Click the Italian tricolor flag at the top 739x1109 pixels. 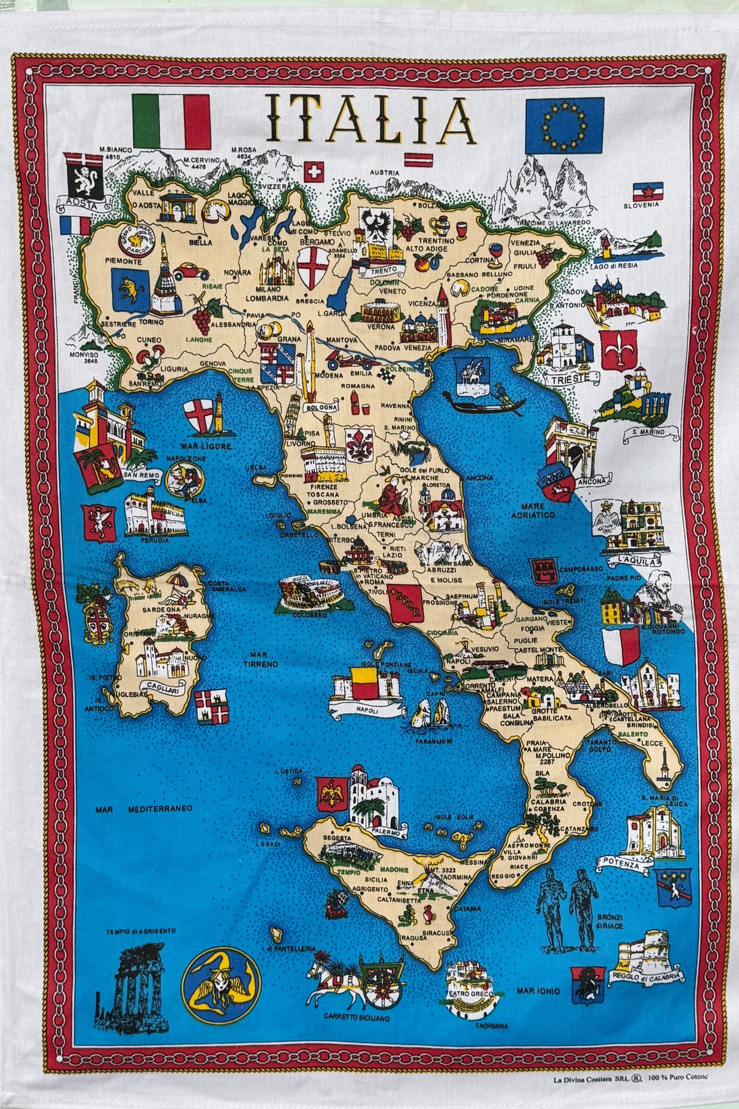click(x=172, y=120)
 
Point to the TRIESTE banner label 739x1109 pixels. click(x=567, y=376)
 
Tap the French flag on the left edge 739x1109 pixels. click(x=76, y=226)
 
